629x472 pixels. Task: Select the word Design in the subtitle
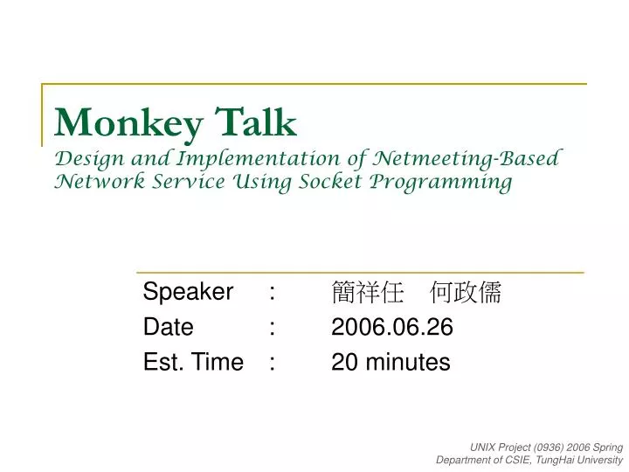click(x=88, y=159)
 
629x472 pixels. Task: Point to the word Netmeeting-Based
click(x=467, y=158)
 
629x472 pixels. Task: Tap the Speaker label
click(x=188, y=292)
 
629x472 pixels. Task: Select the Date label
click(x=168, y=327)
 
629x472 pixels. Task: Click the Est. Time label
click(x=193, y=362)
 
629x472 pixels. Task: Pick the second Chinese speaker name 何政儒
click(x=467, y=293)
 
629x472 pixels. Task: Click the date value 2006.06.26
click(x=392, y=327)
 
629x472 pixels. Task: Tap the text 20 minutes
click(x=391, y=362)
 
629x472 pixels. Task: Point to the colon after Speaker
click(x=273, y=292)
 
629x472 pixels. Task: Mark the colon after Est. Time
click(x=273, y=362)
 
